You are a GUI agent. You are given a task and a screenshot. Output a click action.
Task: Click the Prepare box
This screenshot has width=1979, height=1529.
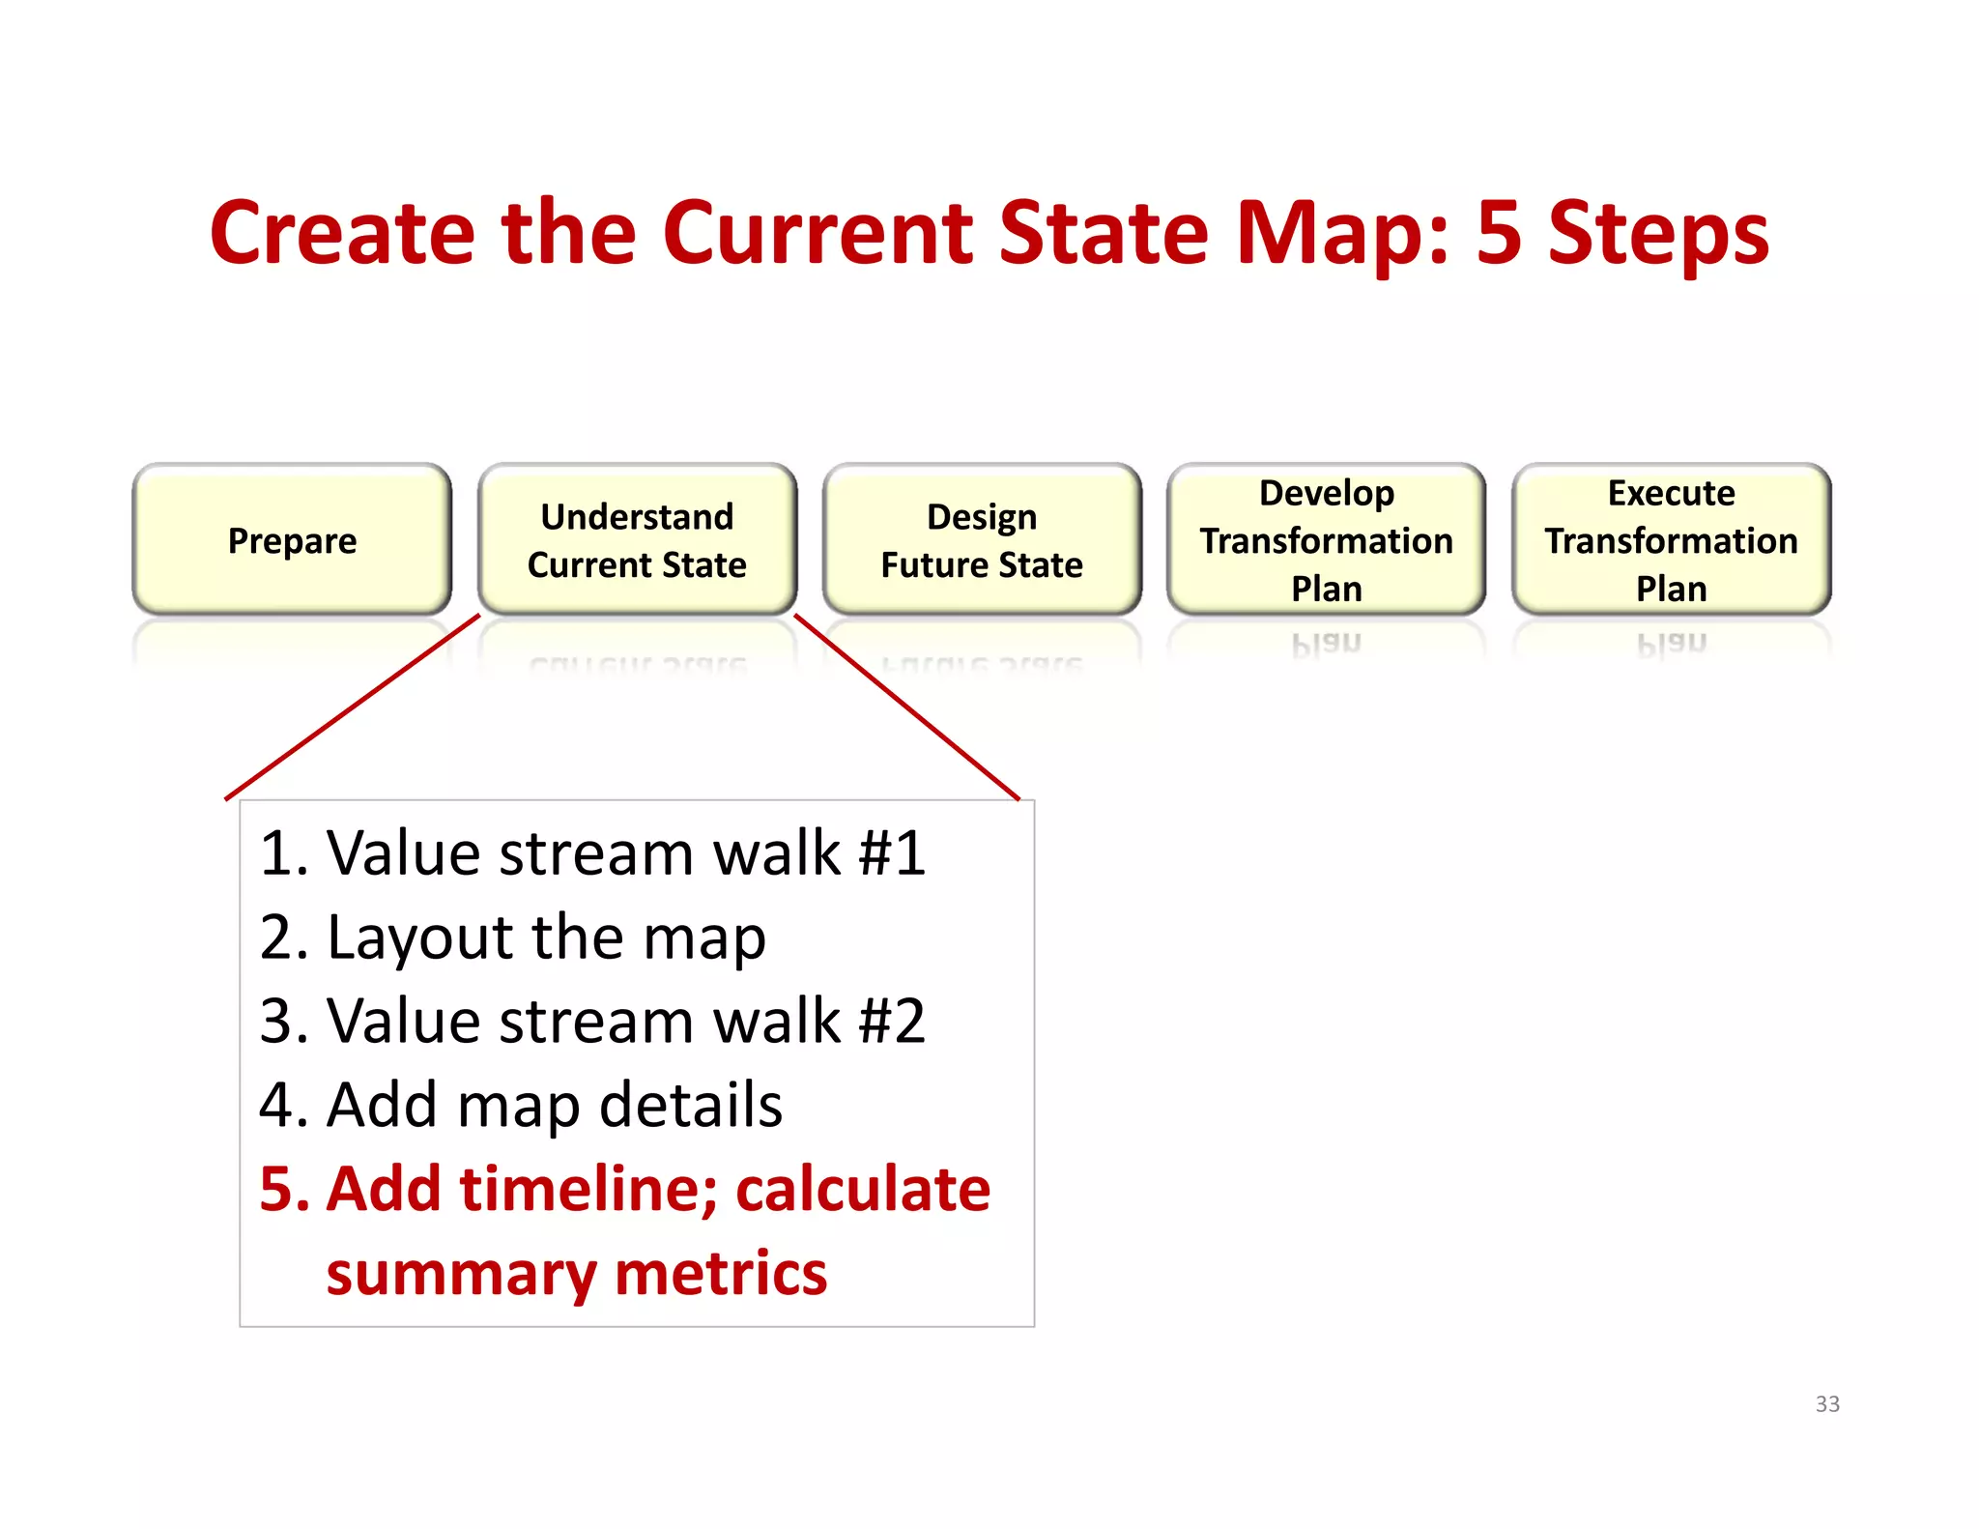[x=292, y=539]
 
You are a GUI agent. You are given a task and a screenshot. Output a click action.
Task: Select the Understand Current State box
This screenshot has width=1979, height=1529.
[x=637, y=539]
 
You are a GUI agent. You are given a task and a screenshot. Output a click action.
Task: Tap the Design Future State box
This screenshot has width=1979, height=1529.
[x=982, y=539]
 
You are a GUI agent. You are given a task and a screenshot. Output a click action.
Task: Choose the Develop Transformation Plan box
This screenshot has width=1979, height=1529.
[x=1326, y=539]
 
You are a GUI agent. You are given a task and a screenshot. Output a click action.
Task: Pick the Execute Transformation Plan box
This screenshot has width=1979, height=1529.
[x=1671, y=539]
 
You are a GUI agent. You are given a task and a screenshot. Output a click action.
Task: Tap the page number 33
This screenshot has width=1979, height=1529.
[x=1827, y=1403]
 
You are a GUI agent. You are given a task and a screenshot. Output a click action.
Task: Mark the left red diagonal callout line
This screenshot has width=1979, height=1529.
[x=353, y=707]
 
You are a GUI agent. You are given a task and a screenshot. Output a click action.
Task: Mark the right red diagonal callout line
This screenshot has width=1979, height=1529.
[x=906, y=707]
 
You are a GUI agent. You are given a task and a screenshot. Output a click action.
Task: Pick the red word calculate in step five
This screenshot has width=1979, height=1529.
[x=863, y=1189]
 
